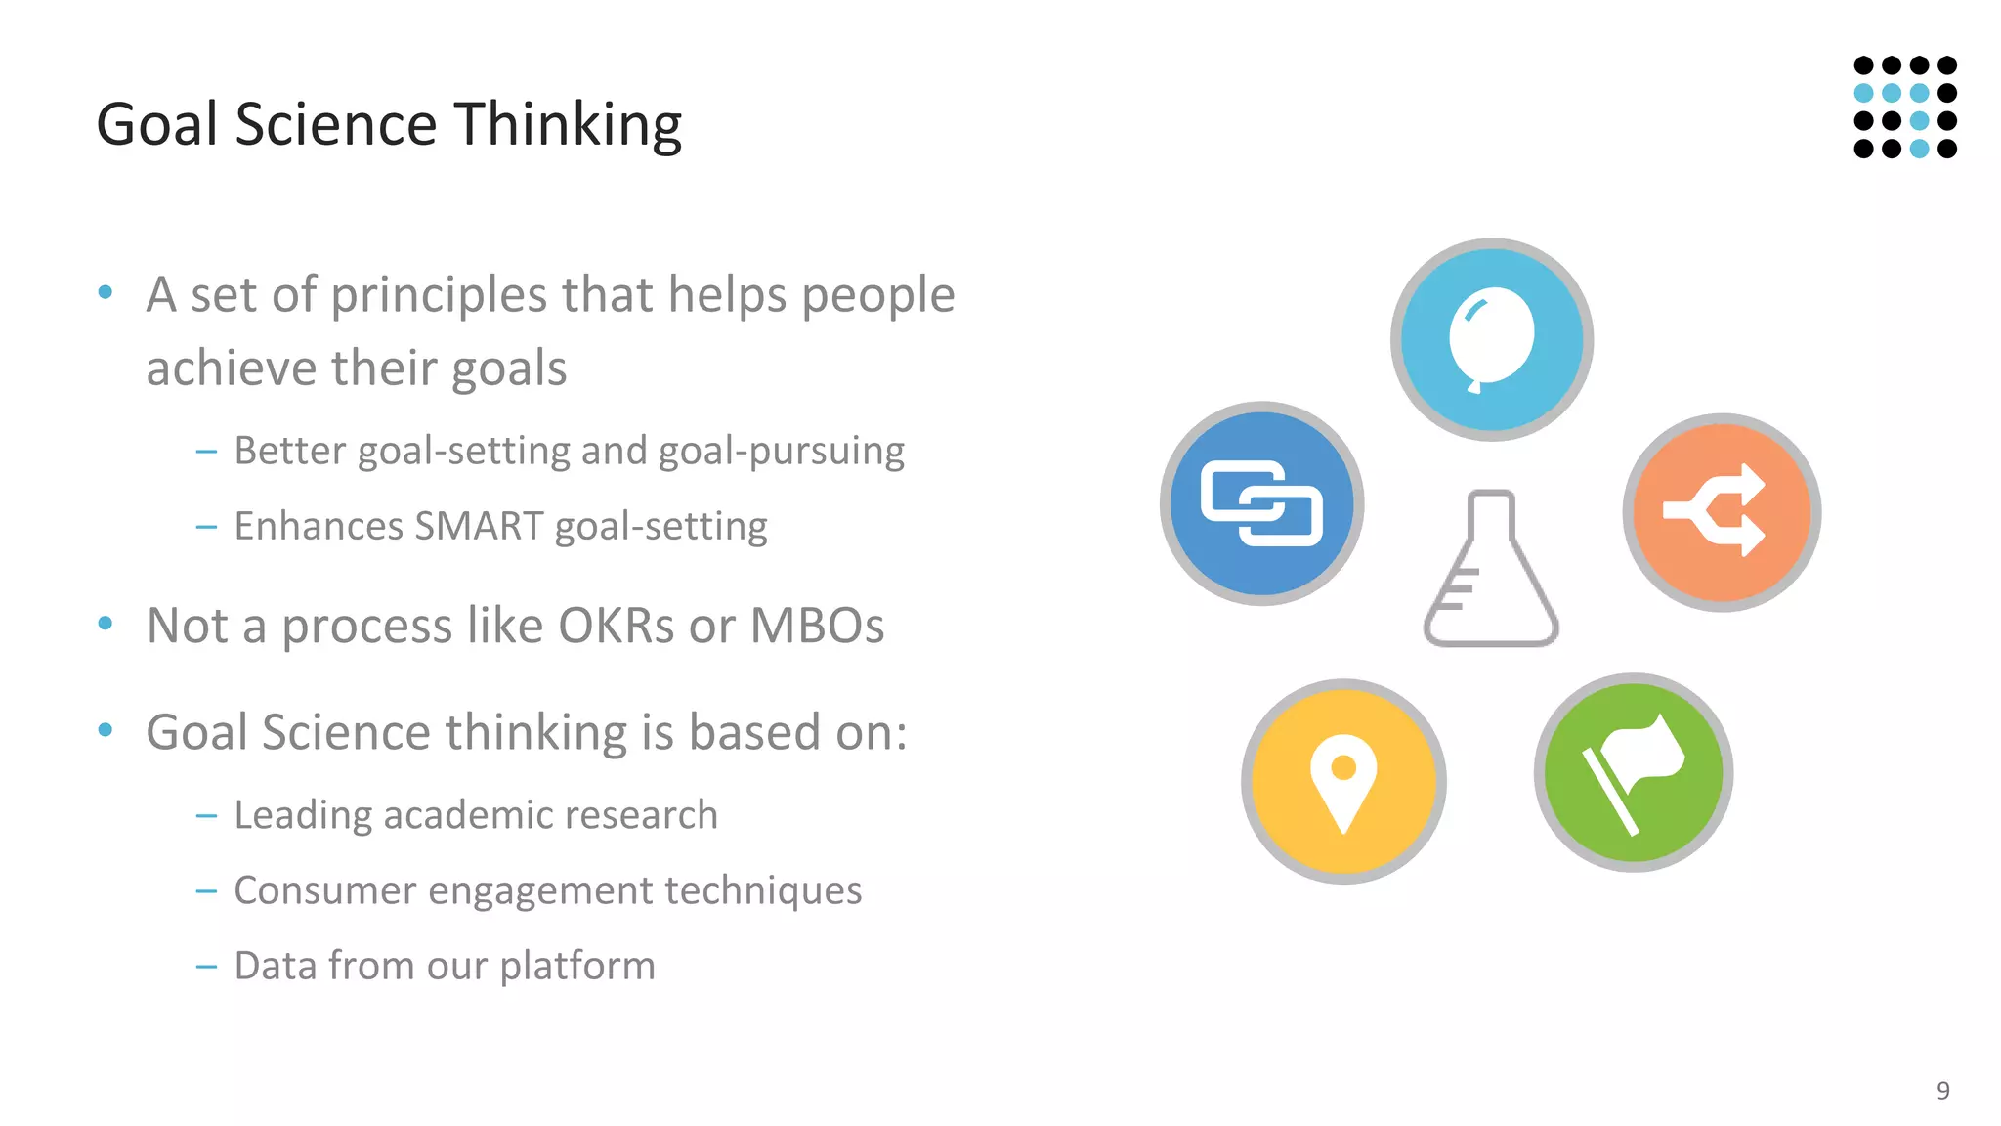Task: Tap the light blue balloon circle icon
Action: [1491, 339]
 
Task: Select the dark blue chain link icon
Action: [1261, 503]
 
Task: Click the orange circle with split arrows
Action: [1722, 512]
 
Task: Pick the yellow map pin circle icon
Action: [1343, 781]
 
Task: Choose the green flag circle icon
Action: [1633, 772]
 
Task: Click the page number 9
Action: [1942, 1090]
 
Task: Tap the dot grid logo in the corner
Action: [1904, 107]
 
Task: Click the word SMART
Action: [478, 526]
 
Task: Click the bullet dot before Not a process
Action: [106, 623]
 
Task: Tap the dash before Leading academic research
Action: [206, 815]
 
